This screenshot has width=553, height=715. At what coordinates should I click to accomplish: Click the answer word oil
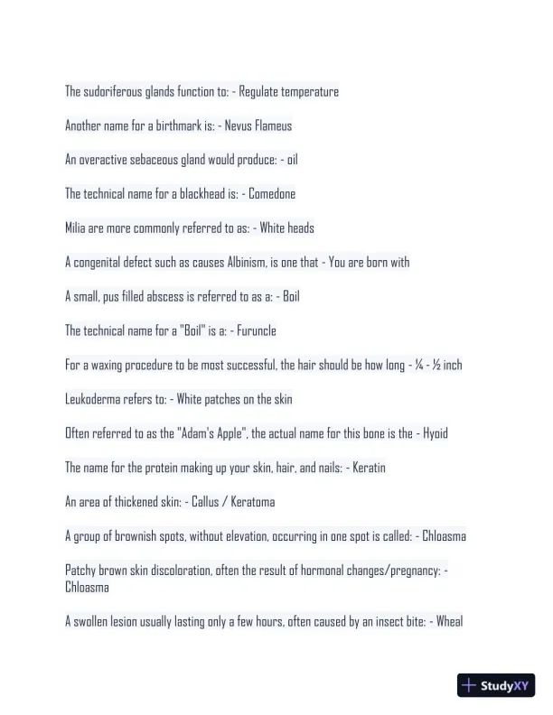(292, 161)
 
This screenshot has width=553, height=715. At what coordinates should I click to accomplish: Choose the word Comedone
(272, 194)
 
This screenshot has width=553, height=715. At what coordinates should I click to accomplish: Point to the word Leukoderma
(95, 399)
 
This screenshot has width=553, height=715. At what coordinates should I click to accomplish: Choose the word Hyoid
(435, 433)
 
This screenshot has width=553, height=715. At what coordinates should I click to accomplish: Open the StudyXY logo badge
(497, 685)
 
